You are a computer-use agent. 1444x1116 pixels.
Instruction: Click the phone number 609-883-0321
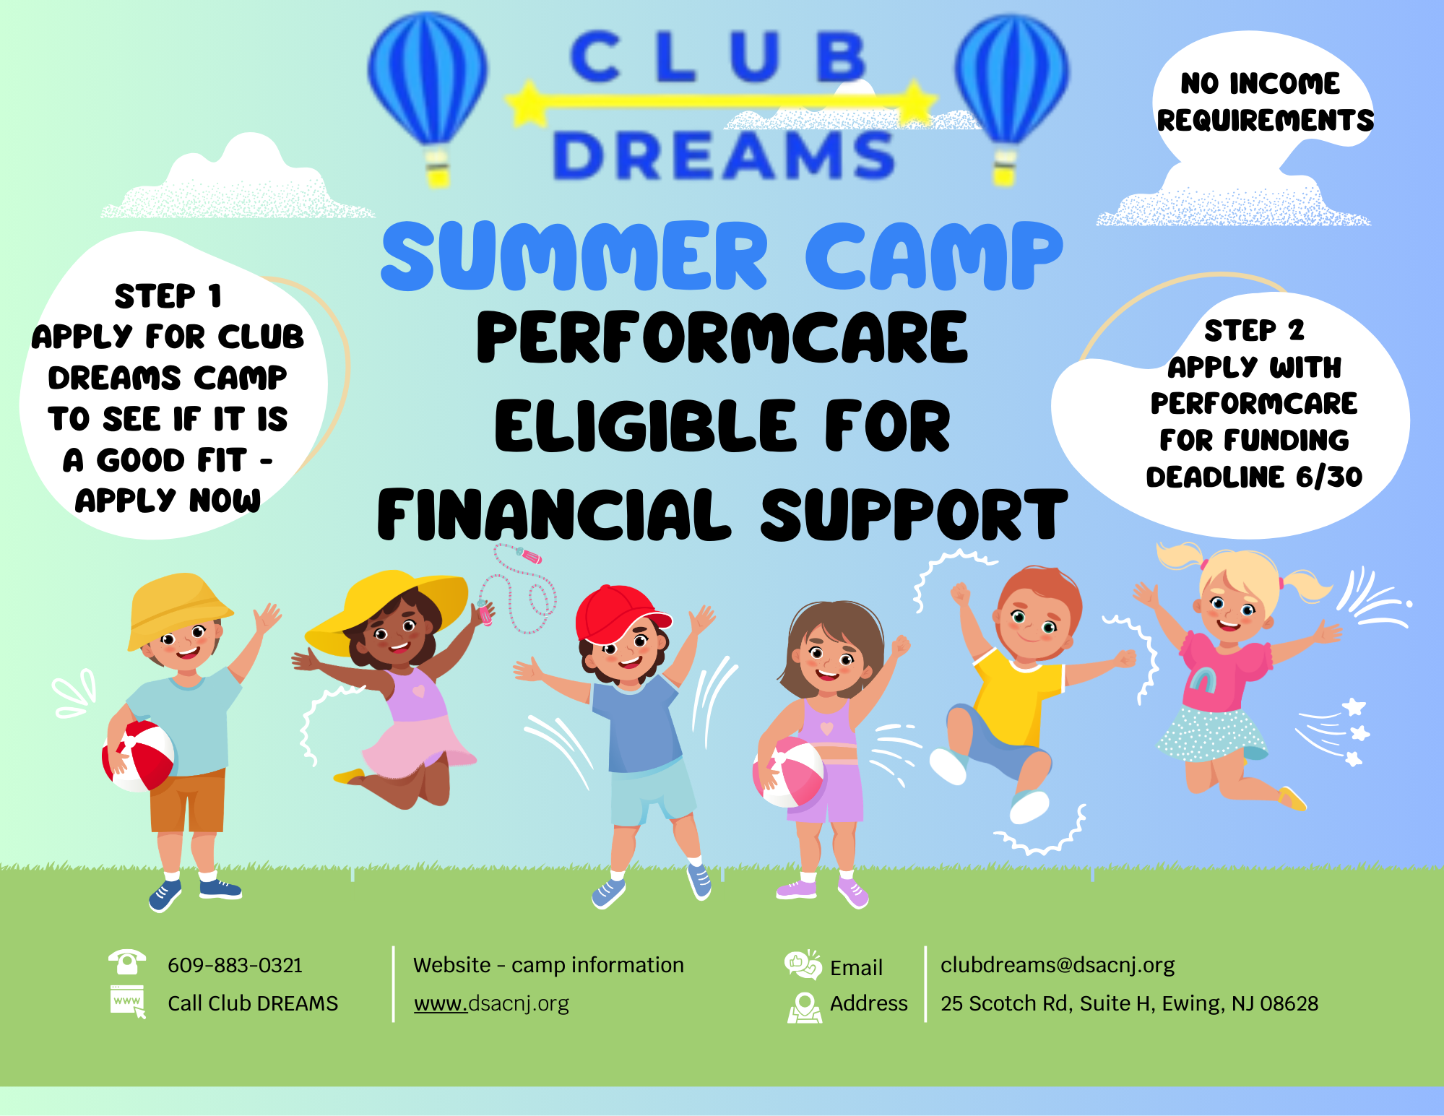235,965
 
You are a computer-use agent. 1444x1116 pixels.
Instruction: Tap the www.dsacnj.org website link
491,1004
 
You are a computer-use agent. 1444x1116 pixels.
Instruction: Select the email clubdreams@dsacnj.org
1058,965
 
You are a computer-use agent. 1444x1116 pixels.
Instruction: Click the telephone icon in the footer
127,962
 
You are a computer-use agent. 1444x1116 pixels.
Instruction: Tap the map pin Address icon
805,1007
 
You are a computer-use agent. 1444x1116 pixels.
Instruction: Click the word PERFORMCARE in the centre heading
722,337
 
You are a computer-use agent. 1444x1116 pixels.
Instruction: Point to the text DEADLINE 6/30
1254,477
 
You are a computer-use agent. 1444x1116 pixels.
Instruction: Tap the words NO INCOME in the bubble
1261,84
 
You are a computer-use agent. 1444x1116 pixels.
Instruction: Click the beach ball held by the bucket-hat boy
138,756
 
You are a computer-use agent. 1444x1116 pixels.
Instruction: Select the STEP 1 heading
168,296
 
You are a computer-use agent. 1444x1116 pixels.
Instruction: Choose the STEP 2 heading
1254,331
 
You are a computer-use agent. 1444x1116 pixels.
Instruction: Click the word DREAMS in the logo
725,155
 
